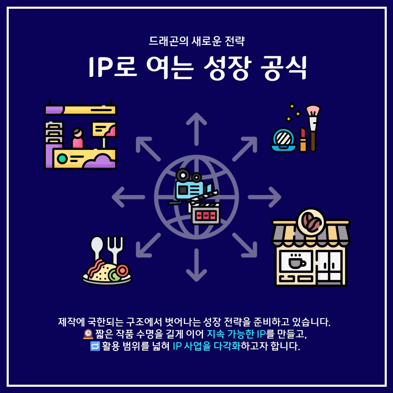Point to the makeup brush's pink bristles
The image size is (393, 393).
pos(313,111)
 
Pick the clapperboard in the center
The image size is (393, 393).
pos(205,212)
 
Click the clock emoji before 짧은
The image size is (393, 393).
pos(88,334)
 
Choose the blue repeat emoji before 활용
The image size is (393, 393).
pos(95,346)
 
